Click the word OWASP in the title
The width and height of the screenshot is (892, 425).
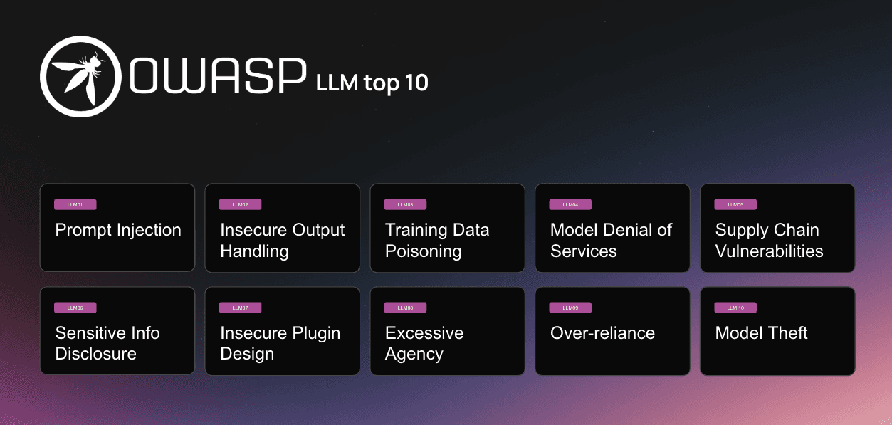click(x=218, y=76)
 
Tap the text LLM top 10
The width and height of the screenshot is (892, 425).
click(x=372, y=83)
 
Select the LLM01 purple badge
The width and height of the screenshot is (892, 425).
click(x=75, y=204)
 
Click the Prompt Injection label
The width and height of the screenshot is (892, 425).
click(x=118, y=230)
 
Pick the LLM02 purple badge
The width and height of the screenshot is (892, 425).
click(x=240, y=204)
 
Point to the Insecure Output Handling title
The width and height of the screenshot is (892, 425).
click(x=283, y=241)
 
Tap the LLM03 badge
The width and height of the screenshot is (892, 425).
click(x=405, y=204)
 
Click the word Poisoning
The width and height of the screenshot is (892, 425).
click(x=424, y=252)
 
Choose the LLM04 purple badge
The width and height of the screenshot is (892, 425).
click(x=570, y=204)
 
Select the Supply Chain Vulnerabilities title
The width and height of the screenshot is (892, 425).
click(x=769, y=241)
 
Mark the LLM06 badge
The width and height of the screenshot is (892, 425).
click(x=75, y=308)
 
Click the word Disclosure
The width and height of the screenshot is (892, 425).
click(x=96, y=354)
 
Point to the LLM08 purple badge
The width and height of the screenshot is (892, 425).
click(x=405, y=308)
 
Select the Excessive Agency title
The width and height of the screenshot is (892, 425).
click(x=424, y=343)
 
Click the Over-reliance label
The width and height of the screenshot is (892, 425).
click(x=602, y=333)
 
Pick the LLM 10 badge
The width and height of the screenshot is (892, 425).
click(x=735, y=308)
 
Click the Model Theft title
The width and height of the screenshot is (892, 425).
click(x=762, y=333)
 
